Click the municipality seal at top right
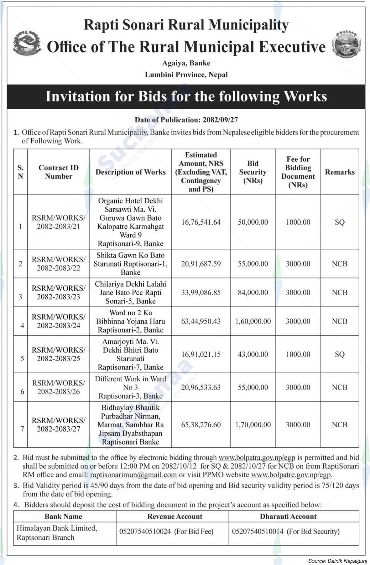[346, 44]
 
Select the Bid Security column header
[253, 172]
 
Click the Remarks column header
[340, 172]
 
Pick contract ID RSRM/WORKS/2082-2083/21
[59, 222]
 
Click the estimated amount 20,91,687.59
[201, 264]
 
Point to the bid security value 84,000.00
[253, 293]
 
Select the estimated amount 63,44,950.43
[201, 321]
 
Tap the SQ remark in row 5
[340, 354]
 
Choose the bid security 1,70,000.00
[253, 425]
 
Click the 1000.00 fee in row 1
[298, 222]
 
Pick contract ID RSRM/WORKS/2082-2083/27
[59, 425]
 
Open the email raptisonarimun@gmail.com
[133, 475]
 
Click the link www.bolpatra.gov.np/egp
[257, 458]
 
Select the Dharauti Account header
[288, 517]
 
